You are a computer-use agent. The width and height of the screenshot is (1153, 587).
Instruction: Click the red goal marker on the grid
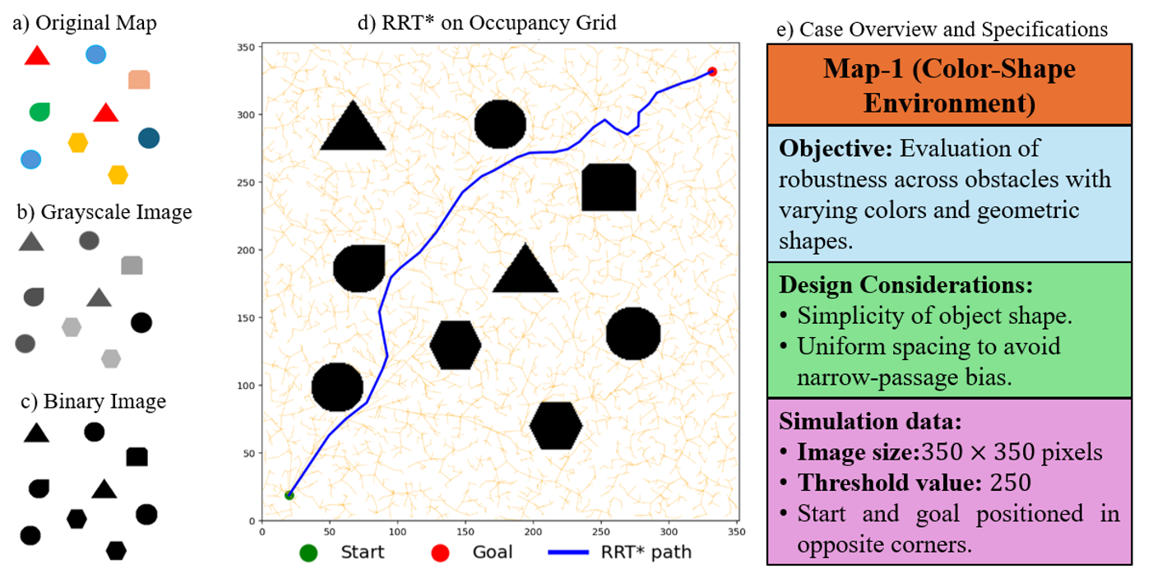click(x=712, y=72)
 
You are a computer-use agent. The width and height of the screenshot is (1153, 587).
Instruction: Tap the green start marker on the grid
click(x=289, y=495)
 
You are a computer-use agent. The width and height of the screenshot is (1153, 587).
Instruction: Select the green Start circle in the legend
click(x=308, y=552)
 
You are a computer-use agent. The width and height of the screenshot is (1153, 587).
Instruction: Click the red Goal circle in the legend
click(x=440, y=552)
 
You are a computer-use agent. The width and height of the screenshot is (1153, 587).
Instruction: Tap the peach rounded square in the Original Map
click(x=139, y=80)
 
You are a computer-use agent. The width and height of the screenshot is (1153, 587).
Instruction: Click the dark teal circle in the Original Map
click(x=149, y=138)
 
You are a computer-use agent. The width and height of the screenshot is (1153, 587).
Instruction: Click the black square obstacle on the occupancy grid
click(x=609, y=187)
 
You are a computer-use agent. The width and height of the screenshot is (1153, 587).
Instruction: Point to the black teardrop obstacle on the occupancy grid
click(x=360, y=268)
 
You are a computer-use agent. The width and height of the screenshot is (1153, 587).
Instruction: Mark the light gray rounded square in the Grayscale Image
click(x=132, y=265)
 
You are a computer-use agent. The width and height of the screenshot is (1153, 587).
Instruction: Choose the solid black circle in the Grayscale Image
click(x=141, y=322)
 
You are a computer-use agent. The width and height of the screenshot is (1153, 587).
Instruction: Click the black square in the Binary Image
click(x=137, y=456)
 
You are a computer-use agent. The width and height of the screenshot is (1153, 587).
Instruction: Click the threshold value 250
click(x=1003, y=482)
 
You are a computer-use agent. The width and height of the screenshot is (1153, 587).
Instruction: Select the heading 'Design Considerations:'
click(x=905, y=285)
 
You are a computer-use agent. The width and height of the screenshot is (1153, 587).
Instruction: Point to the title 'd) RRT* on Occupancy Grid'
click(x=487, y=22)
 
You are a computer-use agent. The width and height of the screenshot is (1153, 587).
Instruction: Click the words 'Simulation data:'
click(x=870, y=423)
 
